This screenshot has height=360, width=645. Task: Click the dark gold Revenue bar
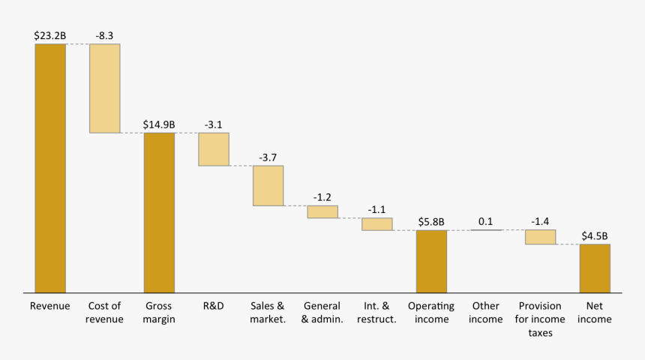point(50,168)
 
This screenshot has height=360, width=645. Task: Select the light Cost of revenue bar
point(104,88)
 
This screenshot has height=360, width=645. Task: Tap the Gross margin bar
point(159,212)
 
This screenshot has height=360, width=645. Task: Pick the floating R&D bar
point(213,149)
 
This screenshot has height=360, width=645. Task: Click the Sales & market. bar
point(268,185)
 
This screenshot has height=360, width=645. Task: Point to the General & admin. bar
point(322,211)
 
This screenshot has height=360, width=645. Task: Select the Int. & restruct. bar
point(376,223)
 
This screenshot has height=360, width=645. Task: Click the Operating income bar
point(431,261)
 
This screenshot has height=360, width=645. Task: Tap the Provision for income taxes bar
point(540,236)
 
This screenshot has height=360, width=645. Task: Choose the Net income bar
point(595,268)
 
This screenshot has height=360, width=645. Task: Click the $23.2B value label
point(49,35)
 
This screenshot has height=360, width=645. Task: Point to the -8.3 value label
point(104,35)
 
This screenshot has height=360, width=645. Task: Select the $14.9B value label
point(159,124)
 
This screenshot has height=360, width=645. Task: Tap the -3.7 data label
point(268,157)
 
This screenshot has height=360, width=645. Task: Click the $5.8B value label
point(431,222)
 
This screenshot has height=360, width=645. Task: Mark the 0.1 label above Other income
point(486,222)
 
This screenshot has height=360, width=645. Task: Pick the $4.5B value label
point(595,235)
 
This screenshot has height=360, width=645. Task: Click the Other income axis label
point(486,313)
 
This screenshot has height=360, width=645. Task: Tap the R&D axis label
point(213,306)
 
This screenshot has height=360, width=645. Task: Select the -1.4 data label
point(540,222)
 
